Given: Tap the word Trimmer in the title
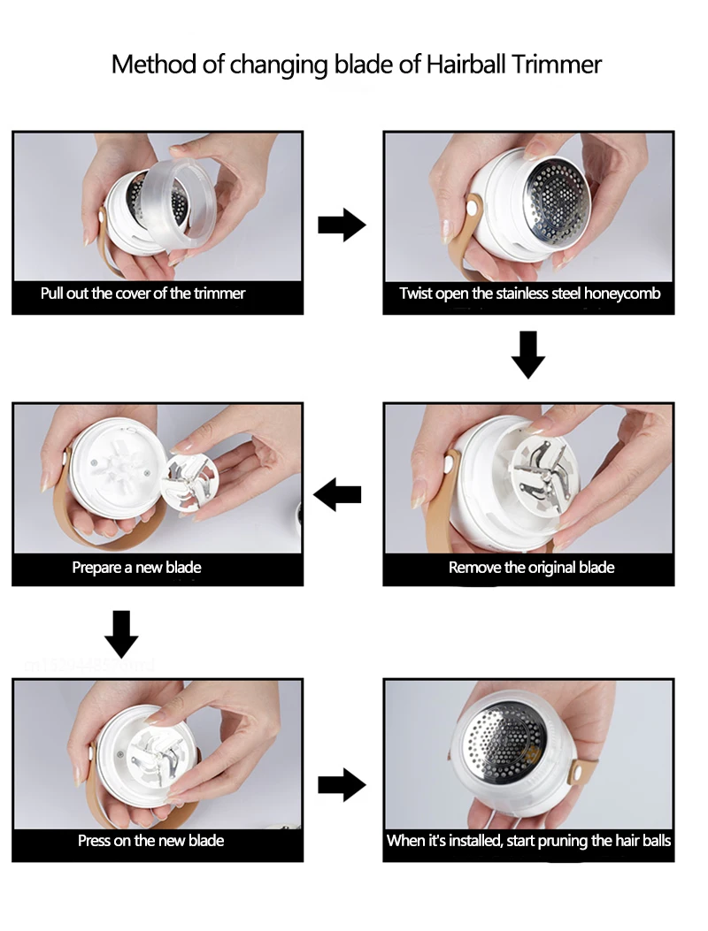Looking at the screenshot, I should pos(558,65).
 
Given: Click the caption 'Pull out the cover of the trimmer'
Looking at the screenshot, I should pos(142,294).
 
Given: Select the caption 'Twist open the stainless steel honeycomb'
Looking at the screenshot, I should pos(529,294).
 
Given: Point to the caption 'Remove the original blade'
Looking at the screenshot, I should pos(531,568).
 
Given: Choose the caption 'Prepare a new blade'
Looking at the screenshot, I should pos(136,568).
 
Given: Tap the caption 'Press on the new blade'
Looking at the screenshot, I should pos(150,840).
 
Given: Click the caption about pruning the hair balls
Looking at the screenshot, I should pos(529,840).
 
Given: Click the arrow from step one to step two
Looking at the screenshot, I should pos(342,225).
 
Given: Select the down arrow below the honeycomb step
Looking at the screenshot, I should pos(528,354).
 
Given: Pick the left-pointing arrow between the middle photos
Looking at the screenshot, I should pos(337,495).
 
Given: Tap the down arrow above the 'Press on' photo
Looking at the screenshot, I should pos(121,632).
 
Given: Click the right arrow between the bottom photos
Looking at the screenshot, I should pos(342,783).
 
